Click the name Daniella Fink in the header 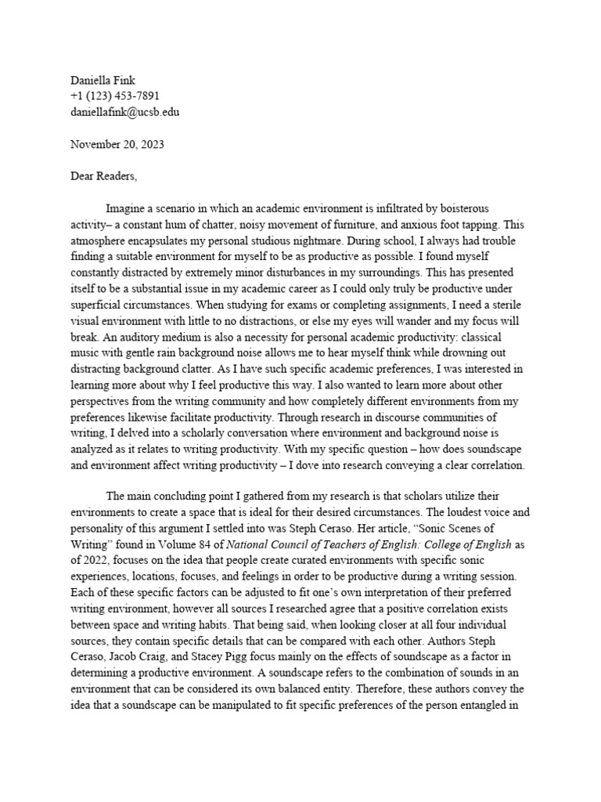point(103,81)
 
